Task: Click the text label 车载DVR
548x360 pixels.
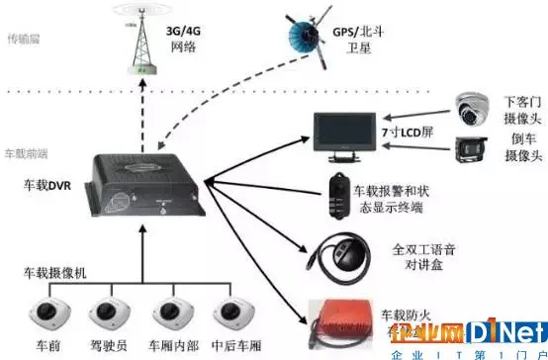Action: click(47, 184)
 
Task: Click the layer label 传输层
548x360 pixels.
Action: click(24, 40)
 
